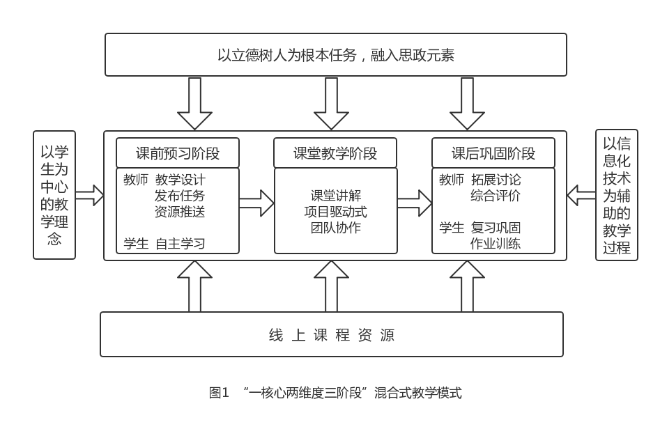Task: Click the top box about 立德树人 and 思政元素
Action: point(335,54)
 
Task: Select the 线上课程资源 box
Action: point(332,334)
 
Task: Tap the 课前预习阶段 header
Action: point(178,153)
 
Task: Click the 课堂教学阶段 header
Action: point(335,153)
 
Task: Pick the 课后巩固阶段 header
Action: point(493,153)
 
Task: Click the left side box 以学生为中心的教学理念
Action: point(54,195)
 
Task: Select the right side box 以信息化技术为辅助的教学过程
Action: point(617,195)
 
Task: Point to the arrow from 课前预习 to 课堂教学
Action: point(256,203)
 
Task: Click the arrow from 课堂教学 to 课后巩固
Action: point(415,203)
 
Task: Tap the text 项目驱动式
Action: point(335,212)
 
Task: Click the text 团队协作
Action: point(335,228)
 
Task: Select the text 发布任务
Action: point(180,196)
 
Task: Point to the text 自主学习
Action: point(180,244)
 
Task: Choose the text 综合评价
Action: point(496,196)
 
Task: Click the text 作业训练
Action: point(496,244)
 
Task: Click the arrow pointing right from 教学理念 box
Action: point(89,195)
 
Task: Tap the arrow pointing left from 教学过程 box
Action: point(582,195)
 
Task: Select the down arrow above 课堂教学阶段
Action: point(331,103)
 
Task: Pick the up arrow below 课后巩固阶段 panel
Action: point(467,286)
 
